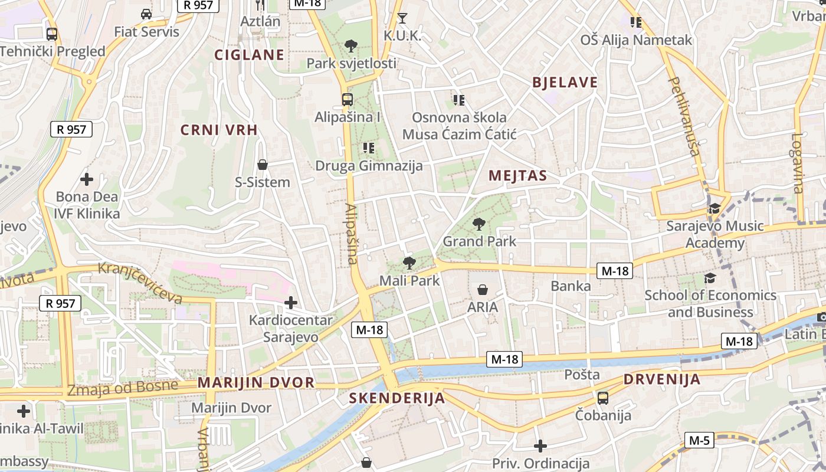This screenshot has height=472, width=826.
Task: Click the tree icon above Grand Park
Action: tap(479, 224)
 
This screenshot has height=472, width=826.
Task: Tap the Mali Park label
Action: tap(409, 280)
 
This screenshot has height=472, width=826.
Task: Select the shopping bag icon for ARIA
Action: tap(483, 290)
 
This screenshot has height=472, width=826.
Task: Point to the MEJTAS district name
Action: tap(517, 175)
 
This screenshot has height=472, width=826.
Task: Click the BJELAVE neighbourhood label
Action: tap(565, 83)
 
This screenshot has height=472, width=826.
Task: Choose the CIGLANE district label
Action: tap(249, 55)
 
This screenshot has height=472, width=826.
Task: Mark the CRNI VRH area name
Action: tap(219, 130)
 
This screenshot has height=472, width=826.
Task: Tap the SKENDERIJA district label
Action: tap(396, 398)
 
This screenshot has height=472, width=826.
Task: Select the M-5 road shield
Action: tap(699, 440)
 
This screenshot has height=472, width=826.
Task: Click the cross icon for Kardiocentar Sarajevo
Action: tap(290, 303)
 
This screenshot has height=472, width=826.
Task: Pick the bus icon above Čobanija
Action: tap(602, 398)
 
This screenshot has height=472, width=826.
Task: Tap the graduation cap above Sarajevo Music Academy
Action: tap(714, 208)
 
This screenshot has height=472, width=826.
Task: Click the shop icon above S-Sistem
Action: tap(263, 165)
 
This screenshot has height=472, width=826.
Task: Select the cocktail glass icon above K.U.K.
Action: tap(402, 18)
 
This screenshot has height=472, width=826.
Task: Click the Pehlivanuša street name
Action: tap(684, 116)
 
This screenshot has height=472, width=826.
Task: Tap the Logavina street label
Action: tap(798, 163)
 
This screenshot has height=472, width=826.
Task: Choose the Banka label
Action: tap(571, 286)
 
